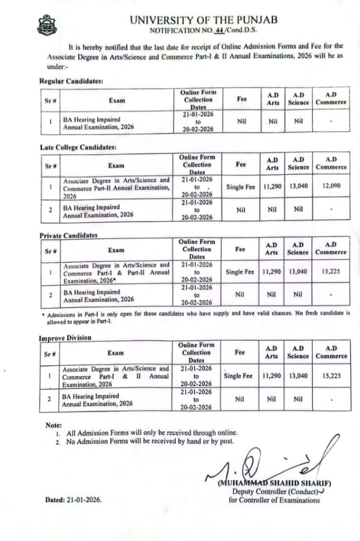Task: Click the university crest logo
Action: coord(46,24)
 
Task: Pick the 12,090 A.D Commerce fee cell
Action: coord(331,187)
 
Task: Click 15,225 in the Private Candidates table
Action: coord(331,272)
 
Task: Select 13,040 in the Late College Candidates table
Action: coord(298,187)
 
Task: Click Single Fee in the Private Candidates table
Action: coord(240,272)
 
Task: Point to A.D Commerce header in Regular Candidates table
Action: coord(331,98)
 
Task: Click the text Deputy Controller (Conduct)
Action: coord(276,492)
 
